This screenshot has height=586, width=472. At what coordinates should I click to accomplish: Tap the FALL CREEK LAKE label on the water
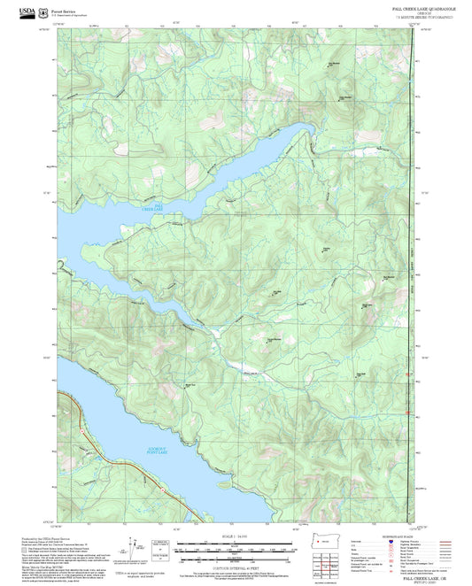[x=152, y=208]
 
